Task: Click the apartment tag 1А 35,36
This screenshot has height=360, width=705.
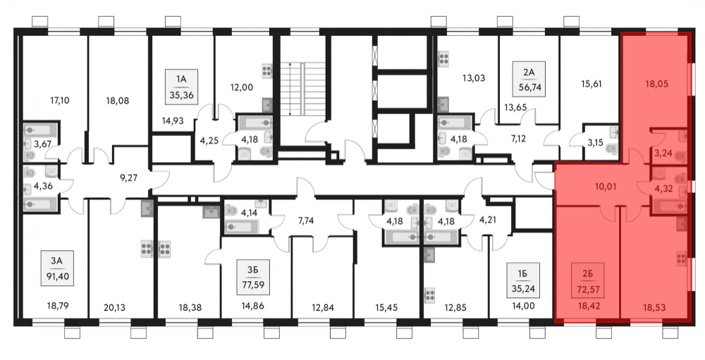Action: (x=181, y=87)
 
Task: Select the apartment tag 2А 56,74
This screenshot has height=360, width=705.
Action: (x=529, y=79)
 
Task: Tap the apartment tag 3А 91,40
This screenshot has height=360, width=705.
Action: (x=56, y=268)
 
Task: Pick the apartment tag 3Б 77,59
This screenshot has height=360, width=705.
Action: (x=253, y=277)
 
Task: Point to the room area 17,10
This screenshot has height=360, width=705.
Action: (x=59, y=101)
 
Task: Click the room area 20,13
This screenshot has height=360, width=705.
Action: (x=115, y=308)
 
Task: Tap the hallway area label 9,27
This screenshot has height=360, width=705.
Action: (x=129, y=178)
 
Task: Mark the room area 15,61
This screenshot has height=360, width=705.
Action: (x=591, y=84)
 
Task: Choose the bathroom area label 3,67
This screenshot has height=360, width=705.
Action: (x=33, y=144)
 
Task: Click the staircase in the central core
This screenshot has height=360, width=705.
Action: (x=303, y=89)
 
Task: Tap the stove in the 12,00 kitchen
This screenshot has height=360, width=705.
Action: (x=266, y=71)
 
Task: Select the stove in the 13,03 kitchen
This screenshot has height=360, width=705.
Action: (x=443, y=59)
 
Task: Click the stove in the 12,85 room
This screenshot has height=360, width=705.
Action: (x=430, y=294)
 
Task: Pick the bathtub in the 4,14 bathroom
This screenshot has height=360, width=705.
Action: (x=241, y=225)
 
